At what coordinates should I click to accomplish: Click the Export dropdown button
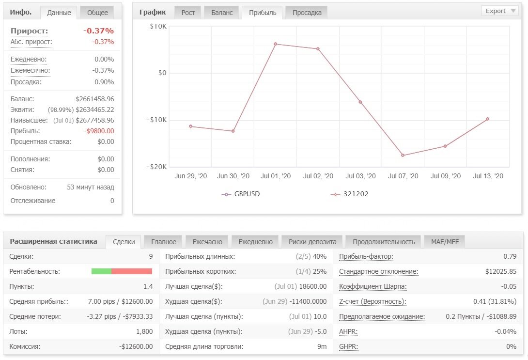500,11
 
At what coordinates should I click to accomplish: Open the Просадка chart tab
307,13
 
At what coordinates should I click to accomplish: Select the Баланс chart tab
222,13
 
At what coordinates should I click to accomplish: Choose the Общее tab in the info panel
97,13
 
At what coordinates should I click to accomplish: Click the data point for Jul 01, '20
276,44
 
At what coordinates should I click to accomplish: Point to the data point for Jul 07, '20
403,155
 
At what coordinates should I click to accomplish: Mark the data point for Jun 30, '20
233,131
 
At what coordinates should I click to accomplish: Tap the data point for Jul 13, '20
487,119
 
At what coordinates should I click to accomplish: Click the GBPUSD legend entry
240,194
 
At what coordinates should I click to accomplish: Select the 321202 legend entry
350,194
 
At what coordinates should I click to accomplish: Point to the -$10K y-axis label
156,120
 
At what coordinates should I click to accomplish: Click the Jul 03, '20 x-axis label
360,176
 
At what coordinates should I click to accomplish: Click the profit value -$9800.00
99,131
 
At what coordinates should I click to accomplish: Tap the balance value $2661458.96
94,99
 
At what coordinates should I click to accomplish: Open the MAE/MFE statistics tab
445,241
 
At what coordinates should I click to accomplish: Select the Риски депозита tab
312,241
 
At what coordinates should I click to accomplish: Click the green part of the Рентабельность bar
101,271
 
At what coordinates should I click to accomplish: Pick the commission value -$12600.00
136,346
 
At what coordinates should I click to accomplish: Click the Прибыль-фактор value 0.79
510,256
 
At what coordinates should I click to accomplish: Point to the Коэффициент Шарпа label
373,286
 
